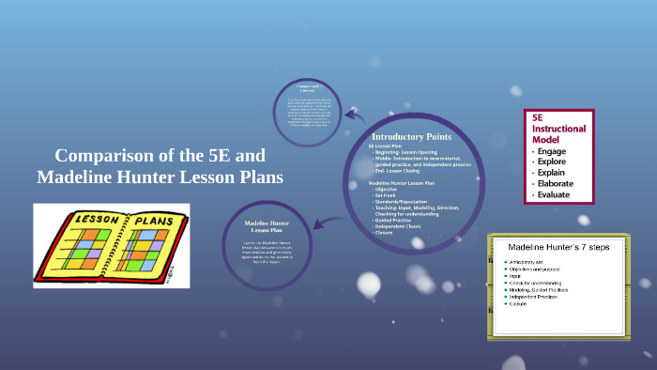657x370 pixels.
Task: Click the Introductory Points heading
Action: pos(411,136)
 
